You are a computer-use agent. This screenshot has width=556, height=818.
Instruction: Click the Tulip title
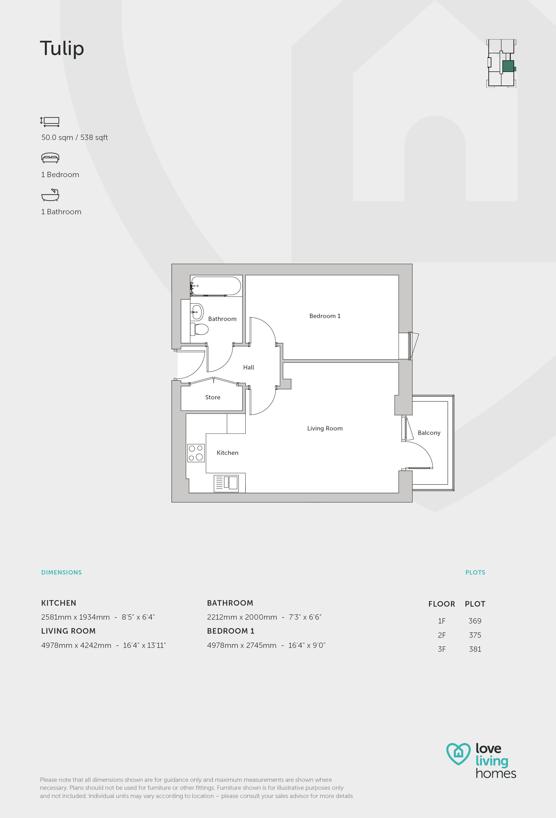[x=62, y=48]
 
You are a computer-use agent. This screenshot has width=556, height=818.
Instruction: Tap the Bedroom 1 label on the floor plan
[x=325, y=316]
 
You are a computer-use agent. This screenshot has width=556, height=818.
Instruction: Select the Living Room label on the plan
[x=325, y=428]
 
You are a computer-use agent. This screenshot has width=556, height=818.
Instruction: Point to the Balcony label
[x=429, y=433]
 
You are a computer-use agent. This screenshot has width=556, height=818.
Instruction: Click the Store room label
[x=213, y=397]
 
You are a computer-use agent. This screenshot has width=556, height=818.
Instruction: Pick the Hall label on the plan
[x=249, y=367]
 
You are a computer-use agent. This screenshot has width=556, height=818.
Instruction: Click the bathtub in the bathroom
[x=216, y=286]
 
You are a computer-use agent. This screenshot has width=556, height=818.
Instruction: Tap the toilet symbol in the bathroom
[x=200, y=329]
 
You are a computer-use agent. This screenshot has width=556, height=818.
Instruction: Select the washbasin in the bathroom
[x=197, y=312]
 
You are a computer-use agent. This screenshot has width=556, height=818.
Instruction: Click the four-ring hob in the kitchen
[x=196, y=453]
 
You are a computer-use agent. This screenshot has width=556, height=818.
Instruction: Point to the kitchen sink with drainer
[x=226, y=483]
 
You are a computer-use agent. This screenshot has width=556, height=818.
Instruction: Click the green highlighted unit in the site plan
[x=508, y=66]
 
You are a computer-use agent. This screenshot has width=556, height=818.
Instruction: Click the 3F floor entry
[x=442, y=649]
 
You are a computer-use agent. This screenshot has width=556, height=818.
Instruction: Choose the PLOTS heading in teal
[x=475, y=572]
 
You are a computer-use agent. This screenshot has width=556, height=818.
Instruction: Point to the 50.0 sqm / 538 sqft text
[x=75, y=137]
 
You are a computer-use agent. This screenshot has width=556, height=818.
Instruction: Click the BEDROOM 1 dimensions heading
[x=231, y=631]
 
